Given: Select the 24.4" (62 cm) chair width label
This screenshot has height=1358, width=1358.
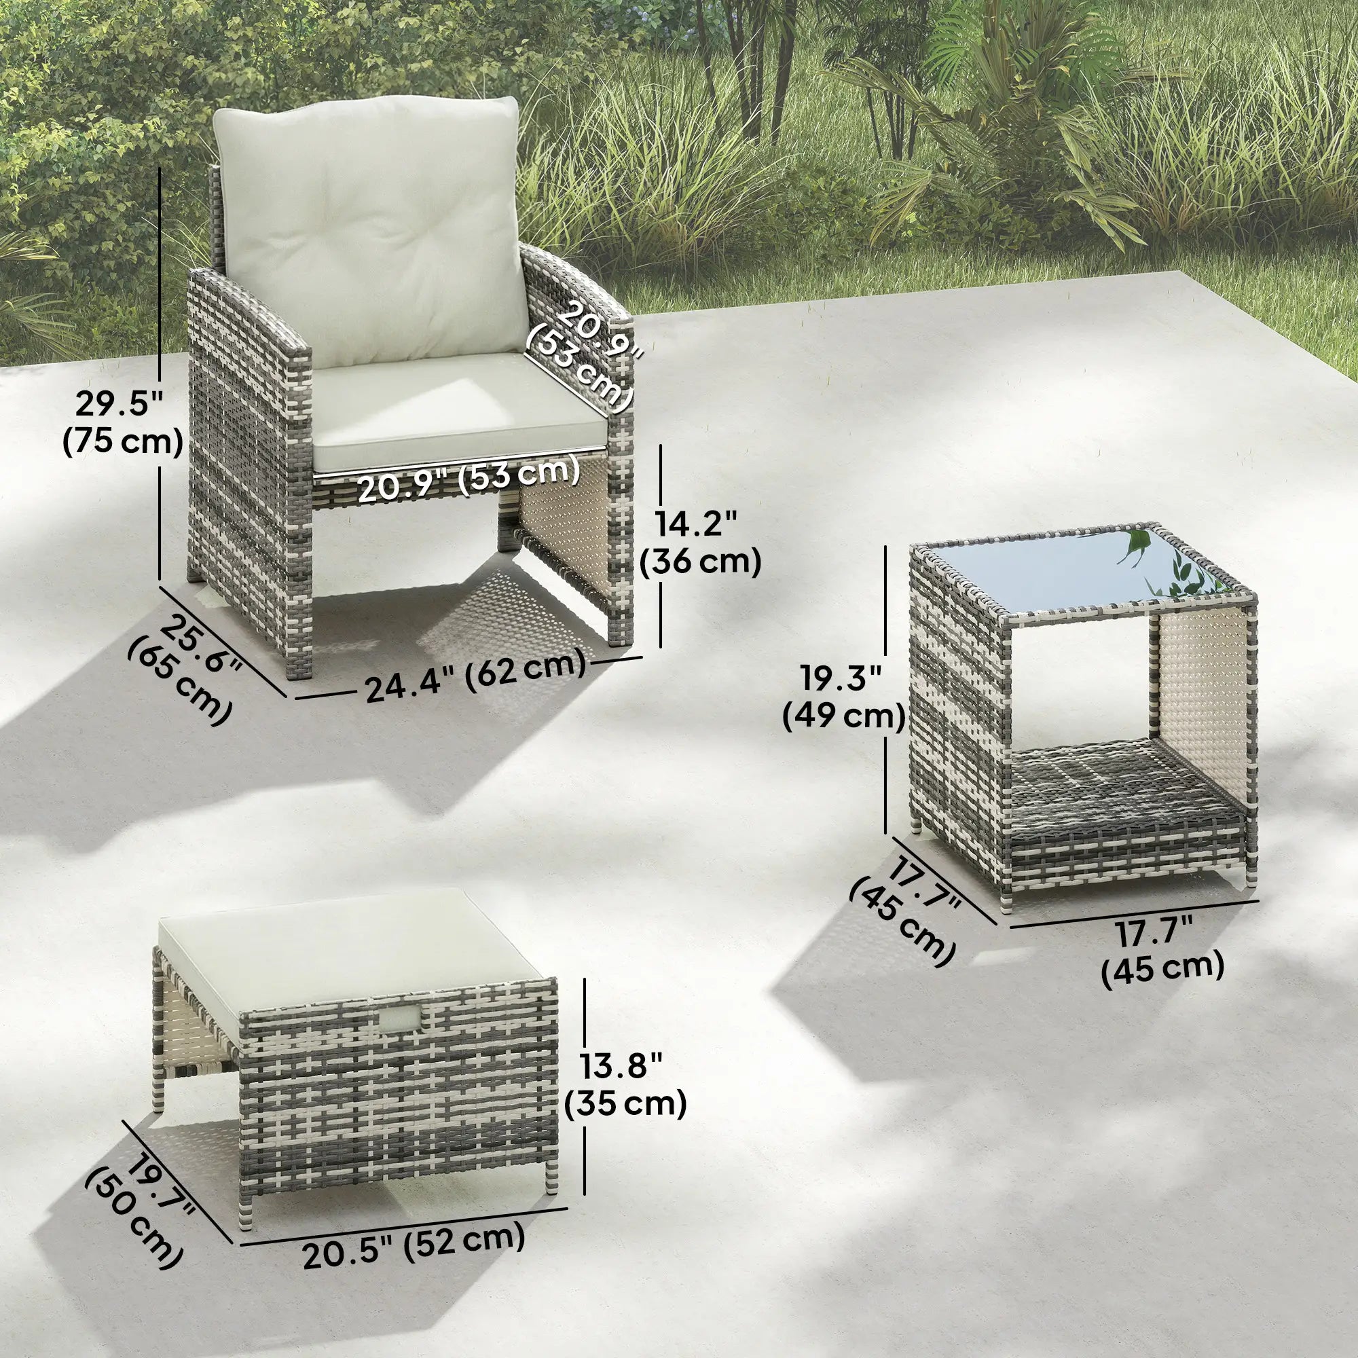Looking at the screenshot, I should tap(475, 674).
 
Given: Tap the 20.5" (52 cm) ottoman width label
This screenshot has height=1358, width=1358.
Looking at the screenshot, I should tap(414, 1245).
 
